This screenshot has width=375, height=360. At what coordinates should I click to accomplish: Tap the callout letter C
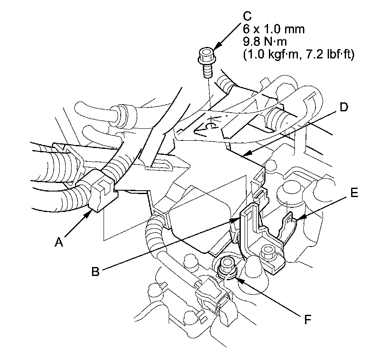pos(247,16)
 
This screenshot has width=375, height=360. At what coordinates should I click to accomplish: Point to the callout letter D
pos(344,107)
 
